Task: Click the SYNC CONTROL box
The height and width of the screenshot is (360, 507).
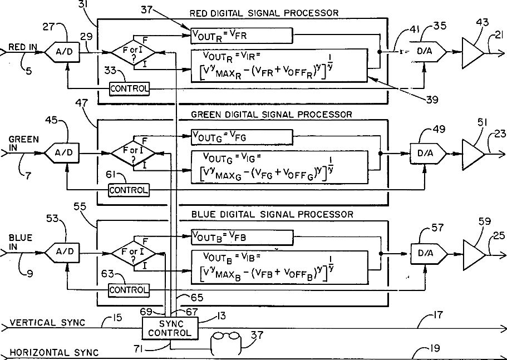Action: click(169, 328)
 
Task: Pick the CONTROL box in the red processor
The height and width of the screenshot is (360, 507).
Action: click(129, 88)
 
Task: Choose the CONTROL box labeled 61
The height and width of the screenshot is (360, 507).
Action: click(129, 190)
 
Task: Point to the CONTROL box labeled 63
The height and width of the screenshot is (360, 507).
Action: click(129, 290)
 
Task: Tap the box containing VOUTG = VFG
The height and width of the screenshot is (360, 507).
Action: click(241, 136)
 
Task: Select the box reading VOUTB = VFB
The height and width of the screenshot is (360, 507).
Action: click(241, 237)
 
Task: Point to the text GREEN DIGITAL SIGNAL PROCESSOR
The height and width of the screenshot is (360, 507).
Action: click(271, 114)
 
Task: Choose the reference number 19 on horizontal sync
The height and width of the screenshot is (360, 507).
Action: click(435, 348)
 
